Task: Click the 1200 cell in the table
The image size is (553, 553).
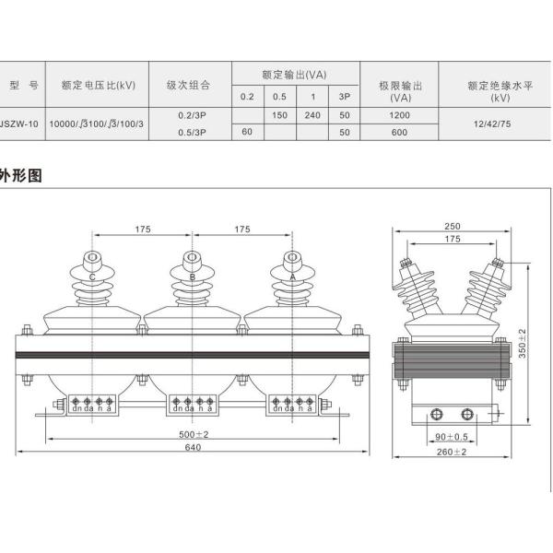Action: (x=399, y=115)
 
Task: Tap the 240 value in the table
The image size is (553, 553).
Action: (x=312, y=115)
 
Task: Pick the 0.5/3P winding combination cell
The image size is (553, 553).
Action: (x=190, y=133)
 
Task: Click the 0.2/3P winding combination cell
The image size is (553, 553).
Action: (x=190, y=115)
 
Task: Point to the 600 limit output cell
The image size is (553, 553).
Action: (x=399, y=133)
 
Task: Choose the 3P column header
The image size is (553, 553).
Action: (x=345, y=97)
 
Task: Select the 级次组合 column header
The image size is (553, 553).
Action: (x=189, y=85)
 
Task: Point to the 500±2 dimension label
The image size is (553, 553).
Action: (x=192, y=434)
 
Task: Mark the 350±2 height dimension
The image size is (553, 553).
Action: (x=522, y=344)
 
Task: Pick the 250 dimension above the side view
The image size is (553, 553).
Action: (x=451, y=227)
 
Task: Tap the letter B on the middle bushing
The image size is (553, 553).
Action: (x=192, y=276)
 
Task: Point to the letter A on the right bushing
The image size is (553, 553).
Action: (x=292, y=276)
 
